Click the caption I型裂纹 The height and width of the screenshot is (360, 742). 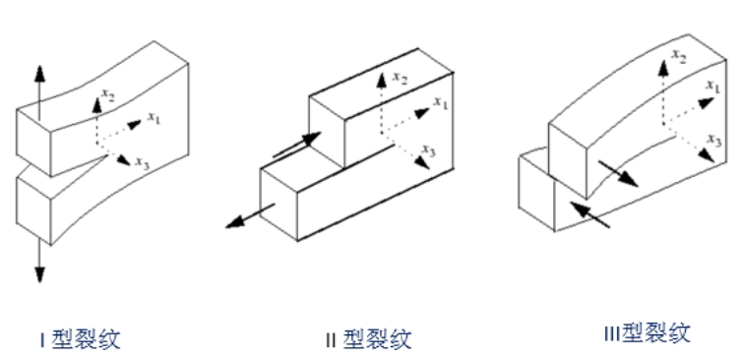click(80, 339)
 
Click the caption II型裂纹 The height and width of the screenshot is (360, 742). click(369, 339)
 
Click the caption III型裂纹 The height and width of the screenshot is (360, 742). click(648, 333)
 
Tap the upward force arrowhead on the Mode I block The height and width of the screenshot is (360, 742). click(39, 74)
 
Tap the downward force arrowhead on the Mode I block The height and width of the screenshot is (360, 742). click(39, 274)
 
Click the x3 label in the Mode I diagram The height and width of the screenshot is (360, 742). click(143, 162)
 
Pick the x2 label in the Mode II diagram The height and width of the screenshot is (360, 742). click(400, 78)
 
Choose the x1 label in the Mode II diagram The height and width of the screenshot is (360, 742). click(441, 102)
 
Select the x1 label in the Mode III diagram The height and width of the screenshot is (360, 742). click(713, 87)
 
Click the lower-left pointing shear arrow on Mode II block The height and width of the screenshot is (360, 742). click(249, 216)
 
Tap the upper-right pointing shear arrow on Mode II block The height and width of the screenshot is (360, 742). click(297, 145)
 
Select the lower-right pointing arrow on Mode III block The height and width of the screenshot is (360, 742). click(618, 174)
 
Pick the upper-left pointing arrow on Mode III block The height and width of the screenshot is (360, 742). click(589, 214)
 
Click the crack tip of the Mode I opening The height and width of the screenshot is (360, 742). click(105, 155)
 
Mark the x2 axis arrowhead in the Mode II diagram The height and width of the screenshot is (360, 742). click(382, 82)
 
